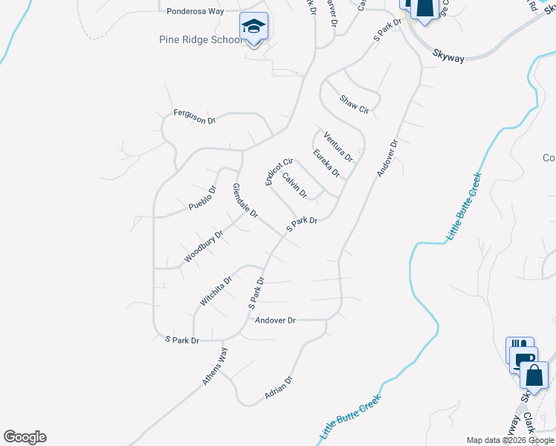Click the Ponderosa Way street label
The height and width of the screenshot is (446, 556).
195,11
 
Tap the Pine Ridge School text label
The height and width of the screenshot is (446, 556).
201,39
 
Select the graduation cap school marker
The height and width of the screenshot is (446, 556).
253,28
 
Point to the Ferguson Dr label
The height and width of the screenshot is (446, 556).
194,116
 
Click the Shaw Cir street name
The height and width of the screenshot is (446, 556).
354,104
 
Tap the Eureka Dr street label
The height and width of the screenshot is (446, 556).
326,164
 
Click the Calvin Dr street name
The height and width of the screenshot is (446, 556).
294,185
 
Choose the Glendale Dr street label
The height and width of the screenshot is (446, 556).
245,201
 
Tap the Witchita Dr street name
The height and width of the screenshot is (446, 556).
216,291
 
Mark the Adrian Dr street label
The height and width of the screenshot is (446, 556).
279,389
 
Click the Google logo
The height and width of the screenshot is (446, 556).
25,437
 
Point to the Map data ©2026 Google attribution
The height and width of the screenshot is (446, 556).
510,440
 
